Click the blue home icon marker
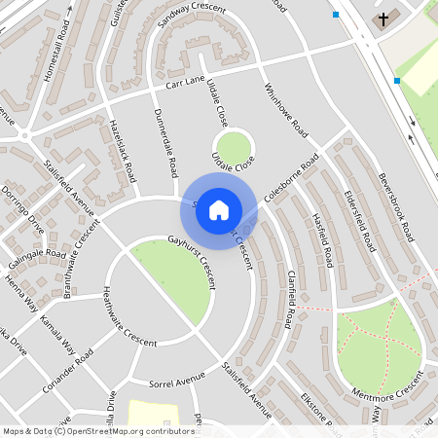point(219,210)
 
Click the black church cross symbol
point(383,18)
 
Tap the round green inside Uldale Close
point(234,149)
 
